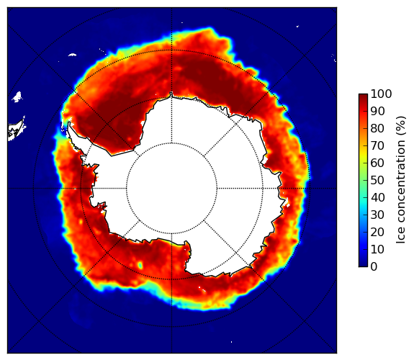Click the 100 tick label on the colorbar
(x=381, y=94)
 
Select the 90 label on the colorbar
(x=377, y=112)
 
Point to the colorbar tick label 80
(x=377, y=129)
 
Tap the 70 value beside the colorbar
(x=377, y=145)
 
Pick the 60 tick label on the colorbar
(x=377, y=163)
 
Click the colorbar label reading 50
(x=377, y=181)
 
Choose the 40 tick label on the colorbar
(x=377, y=197)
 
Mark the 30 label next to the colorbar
(x=377, y=215)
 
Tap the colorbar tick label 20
(x=377, y=232)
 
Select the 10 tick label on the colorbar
(x=377, y=249)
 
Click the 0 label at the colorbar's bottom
(x=374, y=267)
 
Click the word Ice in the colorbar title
(x=400, y=237)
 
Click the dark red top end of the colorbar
(x=363, y=96)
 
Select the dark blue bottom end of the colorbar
(x=363, y=265)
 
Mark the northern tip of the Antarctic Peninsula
(x=69, y=122)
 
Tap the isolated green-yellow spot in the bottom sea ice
(x=140, y=265)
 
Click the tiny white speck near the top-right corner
(x=297, y=26)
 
